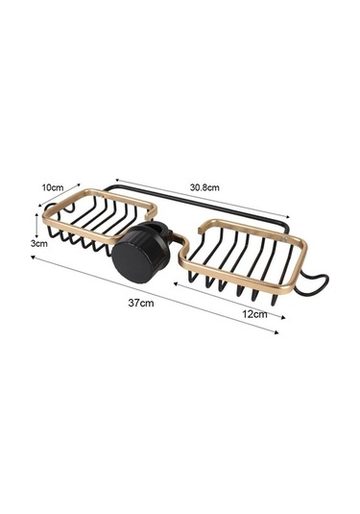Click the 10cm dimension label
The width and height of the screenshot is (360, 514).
pos(53,187)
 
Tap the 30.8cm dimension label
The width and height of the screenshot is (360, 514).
pos(204,187)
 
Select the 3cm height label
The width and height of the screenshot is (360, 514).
pos(39,243)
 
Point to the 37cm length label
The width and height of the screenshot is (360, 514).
pos(141,303)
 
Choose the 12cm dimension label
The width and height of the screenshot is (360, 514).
pos(254,314)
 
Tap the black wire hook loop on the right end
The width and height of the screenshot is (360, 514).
pos(315,281)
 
